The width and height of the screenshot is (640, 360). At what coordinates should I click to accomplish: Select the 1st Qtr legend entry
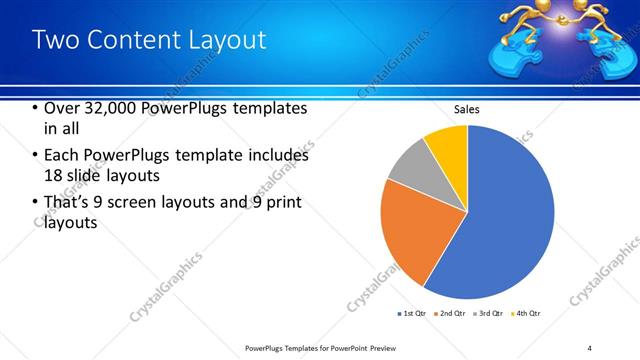[412, 314]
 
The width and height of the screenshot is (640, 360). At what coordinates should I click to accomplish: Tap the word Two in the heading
[55, 40]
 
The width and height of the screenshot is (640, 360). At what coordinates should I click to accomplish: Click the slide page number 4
[589, 347]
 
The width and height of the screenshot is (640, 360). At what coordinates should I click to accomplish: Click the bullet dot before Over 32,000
[35, 108]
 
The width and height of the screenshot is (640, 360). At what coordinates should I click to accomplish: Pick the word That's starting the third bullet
[68, 203]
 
